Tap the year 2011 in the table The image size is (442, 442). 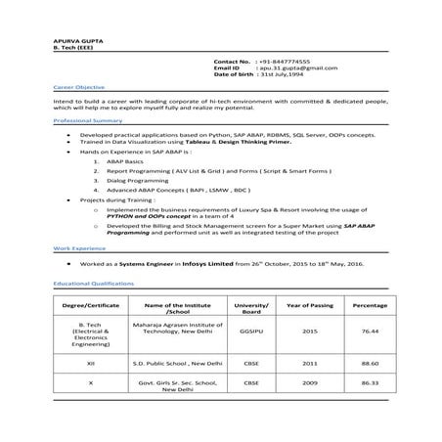tap(310, 363)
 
